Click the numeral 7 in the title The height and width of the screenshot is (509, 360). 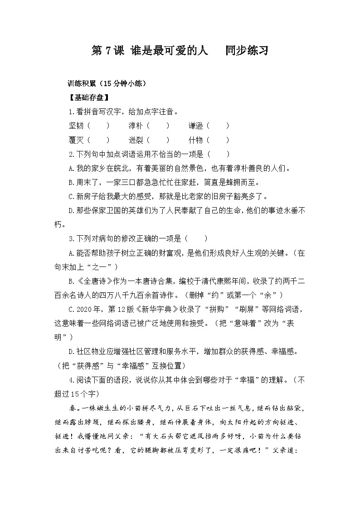click(x=108, y=51)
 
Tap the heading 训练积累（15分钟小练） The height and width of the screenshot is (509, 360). click(x=106, y=83)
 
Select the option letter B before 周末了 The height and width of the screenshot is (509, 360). click(x=71, y=182)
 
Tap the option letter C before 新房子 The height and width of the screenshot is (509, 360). click(x=71, y=196)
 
